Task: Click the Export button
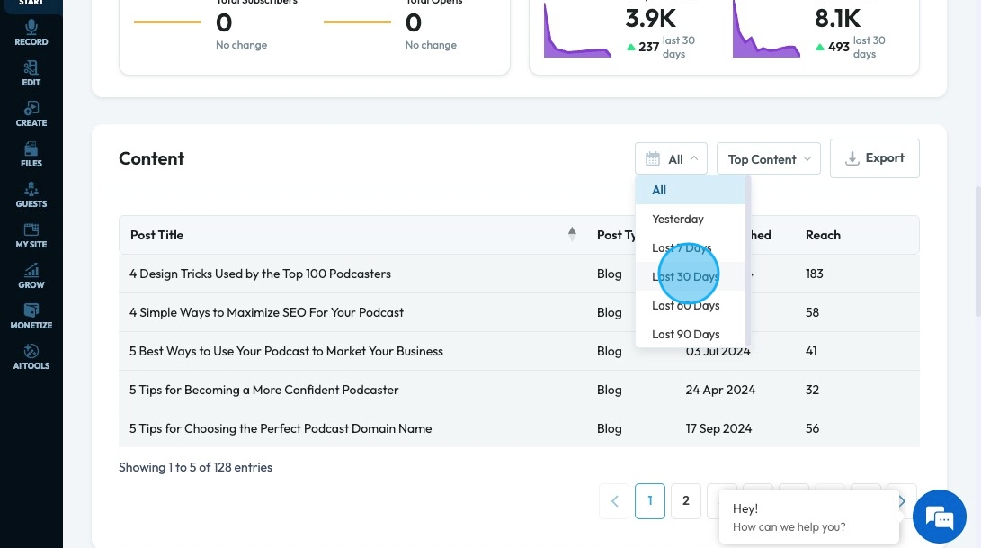tap(874, 158)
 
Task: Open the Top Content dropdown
tap(768, 159)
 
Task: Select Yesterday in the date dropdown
tap(678, 219)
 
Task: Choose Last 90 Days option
tap(686, 334)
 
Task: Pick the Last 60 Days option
tap(686, 305)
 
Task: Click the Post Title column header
tap(157, 235)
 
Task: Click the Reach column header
tap(823, 235)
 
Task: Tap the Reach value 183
tap(815, 274)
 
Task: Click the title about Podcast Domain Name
tap(281, 428)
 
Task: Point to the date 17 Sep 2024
tap(718, 428)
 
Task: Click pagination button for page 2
tap(686, 500)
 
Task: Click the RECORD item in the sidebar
tap(31, 33)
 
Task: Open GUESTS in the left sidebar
tap(31, 195)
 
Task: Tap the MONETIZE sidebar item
tap(31, 317)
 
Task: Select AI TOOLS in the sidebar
tap(31, 357)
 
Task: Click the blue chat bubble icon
tap(939, 517)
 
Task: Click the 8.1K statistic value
tap(837, 18)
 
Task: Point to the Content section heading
tap(151, 158)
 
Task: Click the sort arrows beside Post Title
tap(572, 234)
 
